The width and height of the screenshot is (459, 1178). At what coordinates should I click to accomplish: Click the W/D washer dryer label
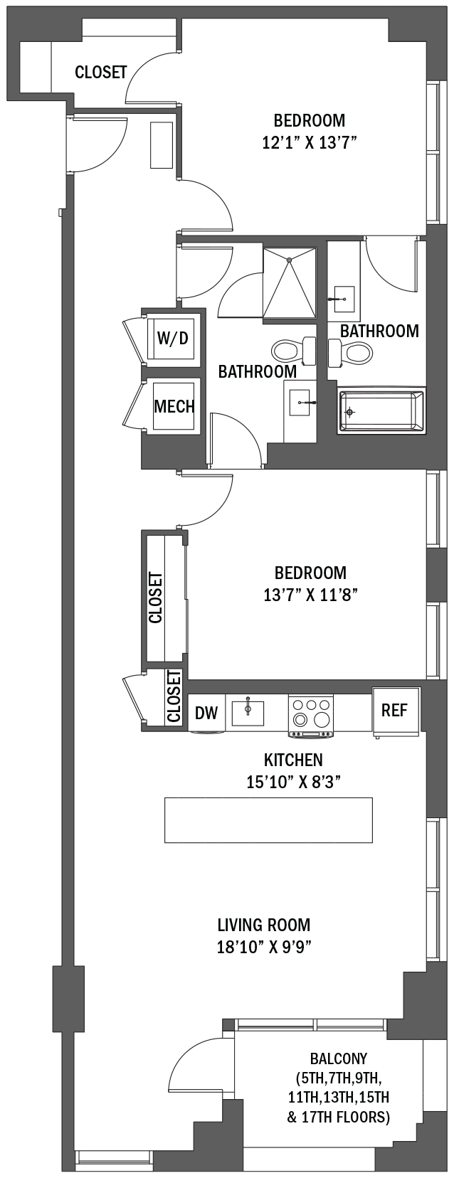click(x=172, y=338)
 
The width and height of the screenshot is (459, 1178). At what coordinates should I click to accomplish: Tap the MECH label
click(x=174, y=406)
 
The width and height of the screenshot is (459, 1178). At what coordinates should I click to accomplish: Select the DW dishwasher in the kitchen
click(x=206, y=713)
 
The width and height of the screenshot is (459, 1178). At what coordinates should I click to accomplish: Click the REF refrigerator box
click(x=394, y=711)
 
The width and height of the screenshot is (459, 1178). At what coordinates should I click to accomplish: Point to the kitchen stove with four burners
click(x=310, y=715)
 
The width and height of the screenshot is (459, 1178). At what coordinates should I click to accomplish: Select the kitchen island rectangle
click(x=268, y=820)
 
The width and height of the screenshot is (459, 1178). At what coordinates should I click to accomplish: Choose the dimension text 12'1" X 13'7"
click(x=310, y=143)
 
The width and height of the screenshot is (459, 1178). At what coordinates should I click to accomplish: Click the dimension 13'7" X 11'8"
click(x=311, y=595)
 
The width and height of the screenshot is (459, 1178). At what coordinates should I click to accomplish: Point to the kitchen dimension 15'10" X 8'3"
click(x=294, y=782)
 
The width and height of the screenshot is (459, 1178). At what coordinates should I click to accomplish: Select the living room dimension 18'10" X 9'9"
click(x=264, y=947)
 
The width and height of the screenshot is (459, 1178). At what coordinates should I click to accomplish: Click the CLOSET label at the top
click(x=101, y=72)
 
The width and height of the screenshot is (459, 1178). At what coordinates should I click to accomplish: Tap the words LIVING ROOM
click(x=264, y=925)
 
